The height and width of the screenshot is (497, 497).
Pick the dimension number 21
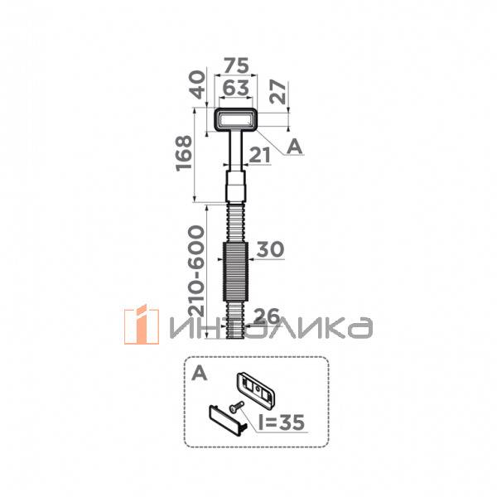[260, 154]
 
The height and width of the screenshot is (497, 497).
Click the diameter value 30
[270, 250]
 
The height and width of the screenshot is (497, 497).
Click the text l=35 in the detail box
[282, 423]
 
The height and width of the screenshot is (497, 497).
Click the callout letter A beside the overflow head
[293, 146]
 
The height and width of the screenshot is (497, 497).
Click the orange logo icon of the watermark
[142, 326]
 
